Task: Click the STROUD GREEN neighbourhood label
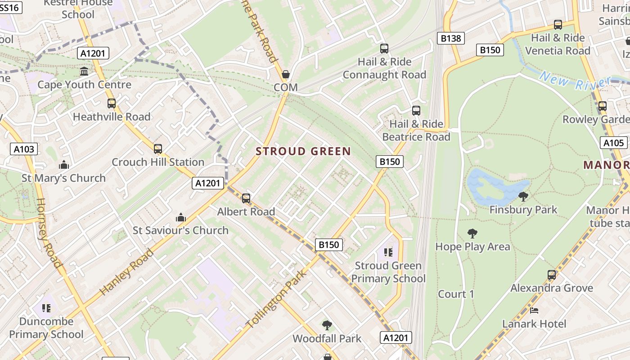[x=303, y=151]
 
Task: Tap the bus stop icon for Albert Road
[x=246, y=198]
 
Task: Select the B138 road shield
[x=450, y=38]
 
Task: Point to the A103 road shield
[x=24, y=149]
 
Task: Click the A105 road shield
[x=614, y=143]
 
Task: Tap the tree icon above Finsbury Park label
[x=523, y=196]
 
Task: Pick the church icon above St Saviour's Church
[x=181, y=218]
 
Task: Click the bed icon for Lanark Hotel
[x=534, y=310]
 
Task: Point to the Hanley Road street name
[x=126, y=272]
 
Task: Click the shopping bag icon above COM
[x=285, y=74]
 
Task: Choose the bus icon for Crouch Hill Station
[x=157, y=149]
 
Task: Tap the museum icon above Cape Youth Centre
[x=84, y=72]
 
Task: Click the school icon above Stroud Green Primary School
[x=388, y=252]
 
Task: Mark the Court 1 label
[x=456, y=294]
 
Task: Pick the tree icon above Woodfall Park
[x=327, y=325]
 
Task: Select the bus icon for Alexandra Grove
[x=552, y=274]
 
